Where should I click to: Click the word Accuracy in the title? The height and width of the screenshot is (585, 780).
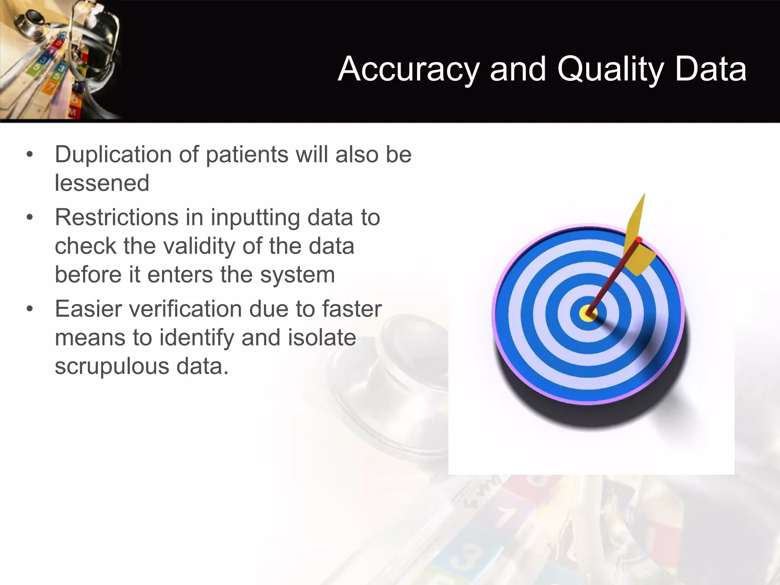click(x=408, y=69)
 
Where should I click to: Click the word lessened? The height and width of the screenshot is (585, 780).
click(x=102, y=183)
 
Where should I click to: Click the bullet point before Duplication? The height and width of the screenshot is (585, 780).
click(x=30, y=155)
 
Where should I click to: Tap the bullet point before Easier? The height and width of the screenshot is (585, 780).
click(x=30, y=309)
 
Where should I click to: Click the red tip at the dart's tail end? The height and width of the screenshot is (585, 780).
click(x=639, y=240)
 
